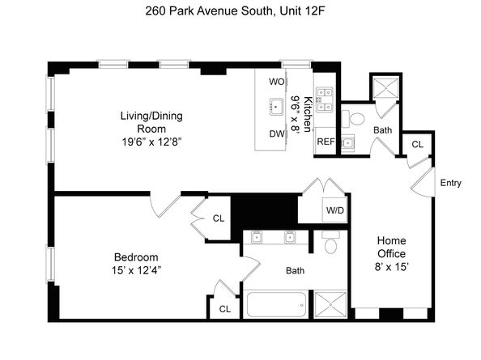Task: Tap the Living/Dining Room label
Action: coord(151,122)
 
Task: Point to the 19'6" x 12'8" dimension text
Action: coord(151,142)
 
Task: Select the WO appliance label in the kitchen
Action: coord(276,82)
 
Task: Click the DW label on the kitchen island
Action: coord(276,134)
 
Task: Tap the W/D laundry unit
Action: coord(333,210)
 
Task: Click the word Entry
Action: coord(450,183)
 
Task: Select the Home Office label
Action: coord(391,248)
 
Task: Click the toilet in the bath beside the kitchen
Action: coord(357,119)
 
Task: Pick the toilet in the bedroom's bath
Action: coord(330,245)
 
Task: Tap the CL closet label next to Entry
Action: coord(417,145)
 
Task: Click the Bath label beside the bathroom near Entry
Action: coord(382,129)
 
